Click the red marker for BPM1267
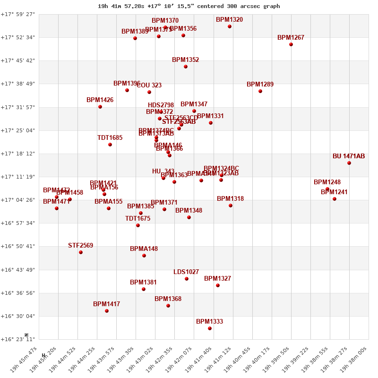point(291,44)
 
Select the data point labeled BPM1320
point(230,26)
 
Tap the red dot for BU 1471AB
point(349,163)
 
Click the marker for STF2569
point(81,252)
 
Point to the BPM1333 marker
point(210,328)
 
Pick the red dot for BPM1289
point(260,91)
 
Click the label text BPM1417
point(106,304)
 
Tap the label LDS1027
point(186,272)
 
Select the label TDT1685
point(110,138)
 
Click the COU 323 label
point(149,86)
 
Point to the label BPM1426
point(100,100)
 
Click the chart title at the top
point(189,6)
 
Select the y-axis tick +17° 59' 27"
point(18,14)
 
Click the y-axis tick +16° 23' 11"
point(18,339)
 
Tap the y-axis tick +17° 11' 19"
point(18,177)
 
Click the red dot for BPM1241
point(335,199)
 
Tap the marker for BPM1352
point(186,67)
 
